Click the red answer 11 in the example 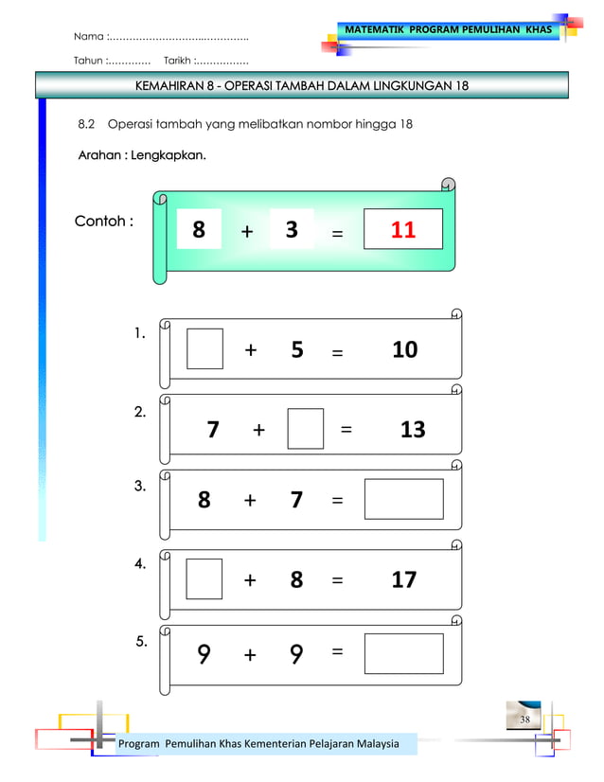point(403,230)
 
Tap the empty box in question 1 point(204,348)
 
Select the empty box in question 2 point(305,429)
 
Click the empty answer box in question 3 point(403,499)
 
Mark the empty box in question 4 point(204,578)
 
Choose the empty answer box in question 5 point(403,653)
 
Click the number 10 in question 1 point(404,350)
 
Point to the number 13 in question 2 point(412,431)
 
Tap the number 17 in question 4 point(403,579)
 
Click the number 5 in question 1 point(297,350)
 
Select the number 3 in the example point(292,230)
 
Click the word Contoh point(99,222)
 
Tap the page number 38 point(524,720)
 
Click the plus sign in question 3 point(250,501)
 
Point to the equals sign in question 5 point(338,651)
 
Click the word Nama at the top point(89,37)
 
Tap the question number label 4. point(139,564)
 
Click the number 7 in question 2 point(213,431)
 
